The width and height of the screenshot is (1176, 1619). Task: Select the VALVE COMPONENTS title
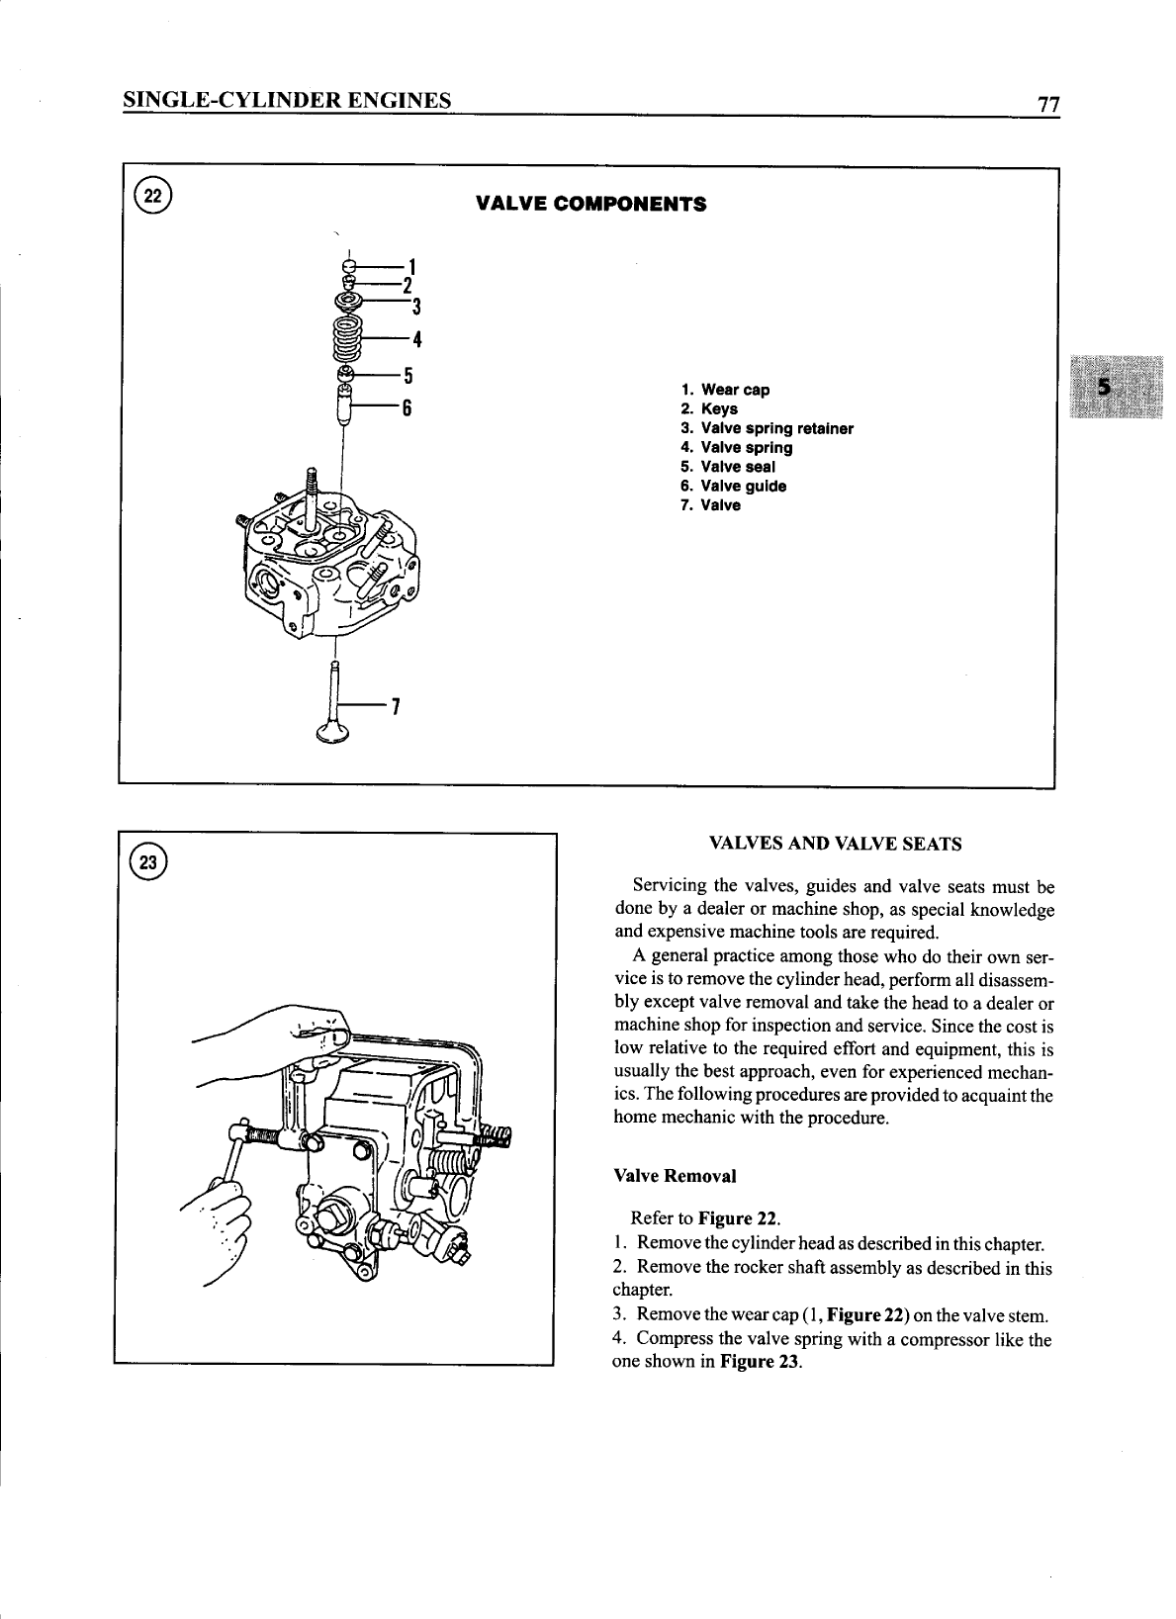tap(590, 205)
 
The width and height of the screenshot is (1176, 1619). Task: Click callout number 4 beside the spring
tap(416, 339)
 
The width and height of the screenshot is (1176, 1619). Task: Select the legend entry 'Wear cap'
tap(735, 390)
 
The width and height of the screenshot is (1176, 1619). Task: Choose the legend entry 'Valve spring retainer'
tap(776, 428)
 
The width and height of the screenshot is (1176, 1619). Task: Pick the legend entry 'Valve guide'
tap(743, 486)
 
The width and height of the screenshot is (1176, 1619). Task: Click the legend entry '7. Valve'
tap(710, 505)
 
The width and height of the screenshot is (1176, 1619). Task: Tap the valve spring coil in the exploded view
tap(347, 340)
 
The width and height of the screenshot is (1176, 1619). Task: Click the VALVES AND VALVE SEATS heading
tap(835, 844)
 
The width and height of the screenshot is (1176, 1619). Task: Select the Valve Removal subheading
tap(675, 1176)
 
